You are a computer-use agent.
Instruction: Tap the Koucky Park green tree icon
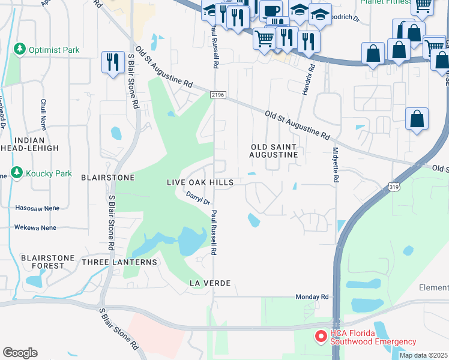16,173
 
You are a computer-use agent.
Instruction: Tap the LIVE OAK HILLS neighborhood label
200,182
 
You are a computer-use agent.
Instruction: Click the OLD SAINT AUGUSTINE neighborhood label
274,151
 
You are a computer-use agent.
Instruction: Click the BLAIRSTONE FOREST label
43,262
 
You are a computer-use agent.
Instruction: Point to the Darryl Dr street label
197,199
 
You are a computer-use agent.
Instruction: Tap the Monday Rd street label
312,297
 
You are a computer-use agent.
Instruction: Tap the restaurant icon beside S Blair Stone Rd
112,62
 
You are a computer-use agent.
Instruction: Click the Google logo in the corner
20,352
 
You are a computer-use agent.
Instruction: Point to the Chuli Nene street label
43,115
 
